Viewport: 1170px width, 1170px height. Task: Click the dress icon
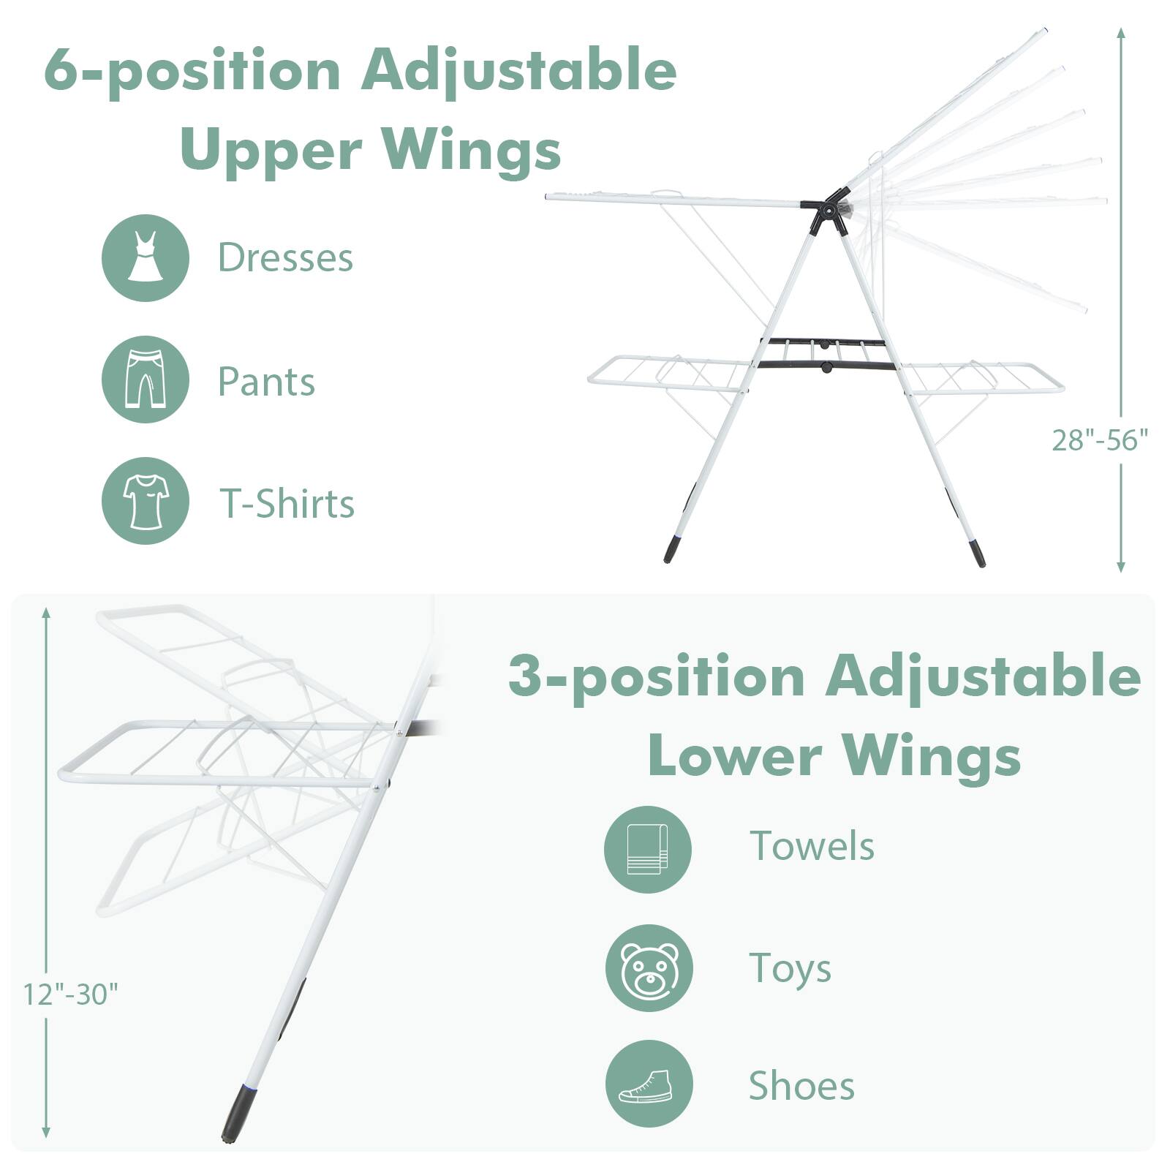(145, 257)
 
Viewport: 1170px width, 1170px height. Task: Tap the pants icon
(145, 380)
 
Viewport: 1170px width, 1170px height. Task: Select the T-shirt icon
(145, 501)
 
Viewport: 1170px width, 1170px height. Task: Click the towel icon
(647, 849)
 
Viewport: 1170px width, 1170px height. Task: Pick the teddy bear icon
(649, 969)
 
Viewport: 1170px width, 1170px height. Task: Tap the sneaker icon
(649, 1084)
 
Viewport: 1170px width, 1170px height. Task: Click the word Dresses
(285, 257)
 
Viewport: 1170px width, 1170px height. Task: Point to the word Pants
(266, 382)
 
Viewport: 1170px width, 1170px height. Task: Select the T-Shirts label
(287, 504)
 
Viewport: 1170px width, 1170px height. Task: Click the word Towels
(812, 846)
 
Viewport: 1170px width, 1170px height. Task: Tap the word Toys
(790, 968)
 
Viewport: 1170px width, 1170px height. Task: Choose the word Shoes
(801, 1085)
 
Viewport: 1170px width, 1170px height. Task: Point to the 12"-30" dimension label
(70, 994)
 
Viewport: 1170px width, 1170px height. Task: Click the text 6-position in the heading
(192, 71)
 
